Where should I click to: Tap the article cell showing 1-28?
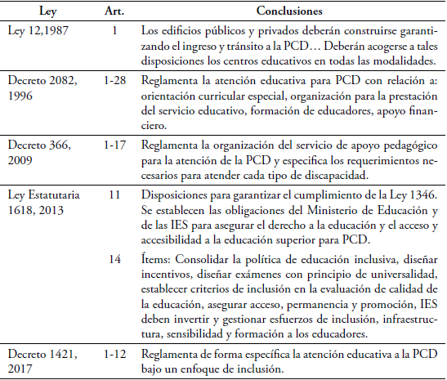(114, 82)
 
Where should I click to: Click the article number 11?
(114, 195)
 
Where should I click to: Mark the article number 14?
(114, 258)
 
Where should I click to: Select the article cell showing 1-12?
(114, 352)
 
